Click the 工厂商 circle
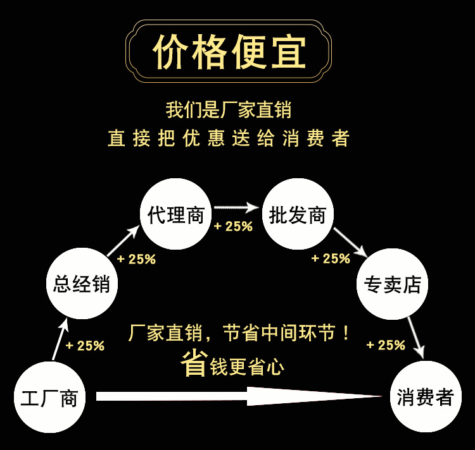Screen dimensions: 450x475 tap(49, 398)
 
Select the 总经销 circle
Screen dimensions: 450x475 tap(82, 284)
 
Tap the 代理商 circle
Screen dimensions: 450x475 tap(175, 215)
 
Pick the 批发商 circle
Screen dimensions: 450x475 tap(297, 215)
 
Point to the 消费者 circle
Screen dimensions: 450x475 tap(426, 398)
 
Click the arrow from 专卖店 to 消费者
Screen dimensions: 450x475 tap(416, 336)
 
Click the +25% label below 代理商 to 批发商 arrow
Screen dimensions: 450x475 tap(233, 226)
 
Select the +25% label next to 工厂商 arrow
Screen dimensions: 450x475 tap(85, 346)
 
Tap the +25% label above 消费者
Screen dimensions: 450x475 tap(386, 345)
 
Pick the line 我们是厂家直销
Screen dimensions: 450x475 tap(228, 110)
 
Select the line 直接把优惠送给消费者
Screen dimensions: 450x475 tap(228, 138)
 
